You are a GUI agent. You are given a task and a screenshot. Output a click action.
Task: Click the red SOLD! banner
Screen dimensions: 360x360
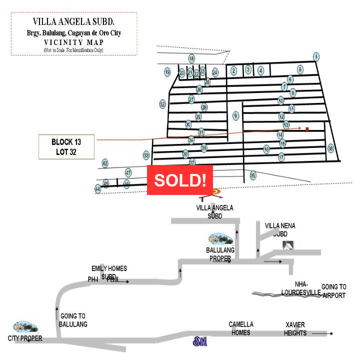pos(180,180)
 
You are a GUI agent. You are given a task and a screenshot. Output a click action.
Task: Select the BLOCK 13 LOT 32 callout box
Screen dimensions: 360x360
pos(66,146)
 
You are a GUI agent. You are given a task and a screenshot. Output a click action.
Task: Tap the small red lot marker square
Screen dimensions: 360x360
pos(307,129)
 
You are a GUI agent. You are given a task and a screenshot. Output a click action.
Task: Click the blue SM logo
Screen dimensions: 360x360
pos(200,342)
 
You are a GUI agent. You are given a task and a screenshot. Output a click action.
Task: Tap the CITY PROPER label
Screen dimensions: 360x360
pos(25,338)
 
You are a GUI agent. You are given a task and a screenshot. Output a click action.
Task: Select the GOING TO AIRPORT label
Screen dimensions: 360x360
pos(333,291)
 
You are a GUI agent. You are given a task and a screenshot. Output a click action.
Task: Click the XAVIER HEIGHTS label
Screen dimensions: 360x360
pos(295,328)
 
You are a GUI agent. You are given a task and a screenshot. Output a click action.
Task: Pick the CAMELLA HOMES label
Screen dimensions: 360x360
pos(241,328)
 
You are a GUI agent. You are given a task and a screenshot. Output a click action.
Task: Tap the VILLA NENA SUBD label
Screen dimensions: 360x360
pos(280,229)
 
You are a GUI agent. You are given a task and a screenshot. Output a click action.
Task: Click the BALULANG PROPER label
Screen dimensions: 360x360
pos(220,254)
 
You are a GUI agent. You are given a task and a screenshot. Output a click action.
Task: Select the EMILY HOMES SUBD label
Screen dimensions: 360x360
pos(109,272)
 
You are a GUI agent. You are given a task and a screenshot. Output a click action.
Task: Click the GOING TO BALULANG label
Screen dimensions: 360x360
pos(73,320)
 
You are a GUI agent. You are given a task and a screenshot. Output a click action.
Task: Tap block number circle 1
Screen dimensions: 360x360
pos(316,56)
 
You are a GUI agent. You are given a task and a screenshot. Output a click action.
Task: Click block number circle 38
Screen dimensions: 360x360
pos(330,148)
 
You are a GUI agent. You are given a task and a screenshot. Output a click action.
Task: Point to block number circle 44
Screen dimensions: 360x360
pos(97,189)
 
